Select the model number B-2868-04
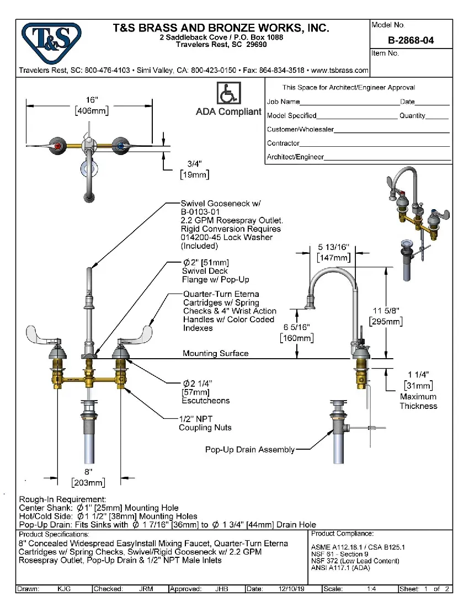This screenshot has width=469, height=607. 411,40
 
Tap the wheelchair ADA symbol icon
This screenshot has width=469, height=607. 228,93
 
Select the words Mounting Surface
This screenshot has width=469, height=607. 215,353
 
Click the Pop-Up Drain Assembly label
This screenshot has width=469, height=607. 249,450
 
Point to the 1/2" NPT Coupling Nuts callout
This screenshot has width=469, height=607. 205,423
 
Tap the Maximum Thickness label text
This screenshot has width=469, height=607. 418,401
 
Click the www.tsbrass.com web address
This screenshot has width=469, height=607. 340,71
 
